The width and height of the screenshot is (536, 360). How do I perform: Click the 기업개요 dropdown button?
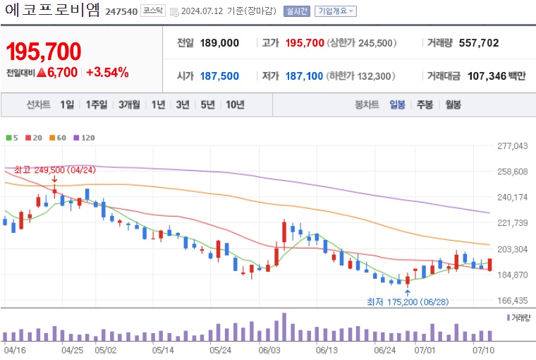point(335,12)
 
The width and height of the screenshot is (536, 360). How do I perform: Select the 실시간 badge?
point(296,12)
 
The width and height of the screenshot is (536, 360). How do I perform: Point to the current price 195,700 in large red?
point(44,52)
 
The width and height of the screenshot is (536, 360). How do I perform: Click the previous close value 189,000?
point(219,43)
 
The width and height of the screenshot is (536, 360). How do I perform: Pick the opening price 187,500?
point(219,76)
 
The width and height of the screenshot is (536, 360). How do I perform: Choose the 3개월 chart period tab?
point(130,105)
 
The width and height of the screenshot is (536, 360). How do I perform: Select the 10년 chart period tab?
point(235,105)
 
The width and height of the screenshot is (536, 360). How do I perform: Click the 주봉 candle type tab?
point(425,105)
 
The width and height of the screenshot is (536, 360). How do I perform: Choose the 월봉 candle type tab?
point(452,105)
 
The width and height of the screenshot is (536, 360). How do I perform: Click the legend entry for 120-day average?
point(85,138)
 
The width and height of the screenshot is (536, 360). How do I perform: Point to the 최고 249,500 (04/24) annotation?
point(54,170)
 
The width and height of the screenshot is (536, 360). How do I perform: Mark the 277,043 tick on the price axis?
point(512,146)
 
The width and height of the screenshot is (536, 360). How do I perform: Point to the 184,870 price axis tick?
point(512,275)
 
